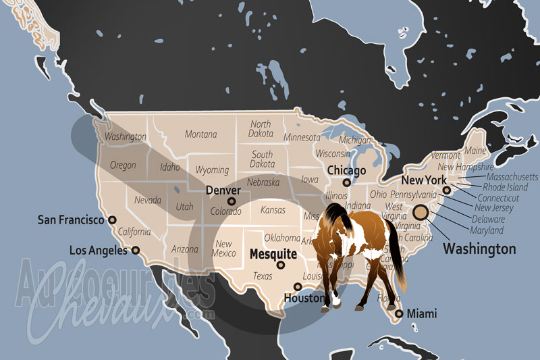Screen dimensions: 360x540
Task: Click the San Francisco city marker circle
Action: click(x=112, y=220)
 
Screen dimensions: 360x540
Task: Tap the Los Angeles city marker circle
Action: click(x=136, y=250)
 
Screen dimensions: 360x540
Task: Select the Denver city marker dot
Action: click(x=232, y=201)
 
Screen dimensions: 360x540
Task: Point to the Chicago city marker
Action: click(x=346, y=182)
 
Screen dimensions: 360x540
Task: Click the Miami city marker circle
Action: click(x=400, y=313)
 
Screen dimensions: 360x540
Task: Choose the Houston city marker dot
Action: click(x=298, y=287)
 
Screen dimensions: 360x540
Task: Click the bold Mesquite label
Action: click(x=273, y=255)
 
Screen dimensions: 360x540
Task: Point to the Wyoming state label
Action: click(x=211, y=170)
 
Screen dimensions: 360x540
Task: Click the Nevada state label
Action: click(x=147, y=201)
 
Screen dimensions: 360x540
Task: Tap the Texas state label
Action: click(x=263, y=276)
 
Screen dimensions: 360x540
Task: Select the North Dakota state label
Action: click(x=261, y=129)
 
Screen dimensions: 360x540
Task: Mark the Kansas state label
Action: click(x=273, y=210)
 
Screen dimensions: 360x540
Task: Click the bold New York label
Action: click(x=424, y=180)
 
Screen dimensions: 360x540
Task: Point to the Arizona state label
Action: click(x=184, y=249)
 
